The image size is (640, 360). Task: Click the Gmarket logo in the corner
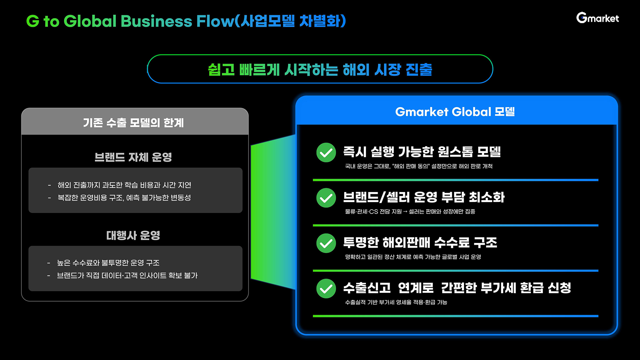click(597, 18)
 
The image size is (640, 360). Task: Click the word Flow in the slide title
click(215, 21)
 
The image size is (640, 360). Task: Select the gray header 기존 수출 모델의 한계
click(134, 122)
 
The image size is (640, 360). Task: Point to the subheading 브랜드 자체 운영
click(133, 157)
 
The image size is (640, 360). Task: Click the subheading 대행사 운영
click(133, 235)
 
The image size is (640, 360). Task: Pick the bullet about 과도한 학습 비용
click(124, 185)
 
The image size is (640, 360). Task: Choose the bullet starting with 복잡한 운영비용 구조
click(124, 197)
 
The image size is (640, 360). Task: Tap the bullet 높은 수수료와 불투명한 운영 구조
click(108, 263)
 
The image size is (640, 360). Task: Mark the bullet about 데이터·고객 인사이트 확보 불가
click(127, 275)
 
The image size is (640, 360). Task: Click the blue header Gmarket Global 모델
click(455, 112)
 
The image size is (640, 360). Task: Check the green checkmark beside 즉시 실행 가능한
click(326, 153)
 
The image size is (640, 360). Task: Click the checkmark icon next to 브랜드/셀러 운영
click(326, 198)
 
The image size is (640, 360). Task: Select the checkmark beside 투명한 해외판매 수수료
click(326, 243)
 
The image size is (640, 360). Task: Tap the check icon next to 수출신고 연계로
click(326, 288)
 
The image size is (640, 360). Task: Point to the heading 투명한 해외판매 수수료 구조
click(420, 243)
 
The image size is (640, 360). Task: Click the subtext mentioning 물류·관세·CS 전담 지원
click(410, 212)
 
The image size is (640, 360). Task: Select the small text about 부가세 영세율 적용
click(396, 302)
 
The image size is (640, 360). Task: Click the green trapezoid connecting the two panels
click(272, 212)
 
